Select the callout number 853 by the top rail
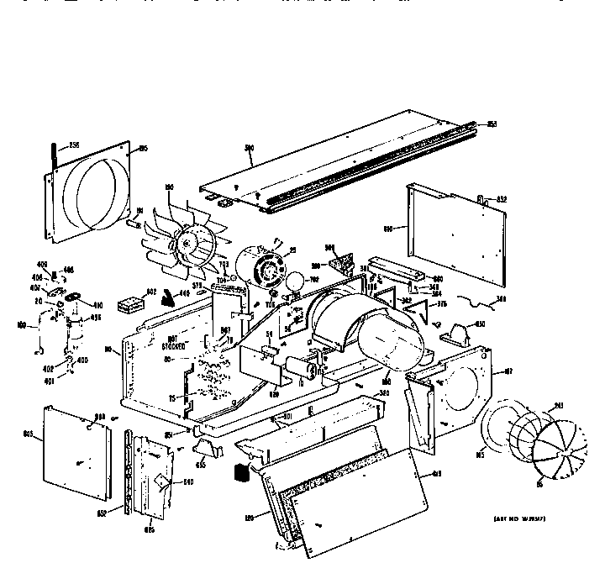click(492, 124)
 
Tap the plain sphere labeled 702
click(295, 282)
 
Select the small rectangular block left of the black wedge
click(130, 303)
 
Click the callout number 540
click(188, 481)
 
